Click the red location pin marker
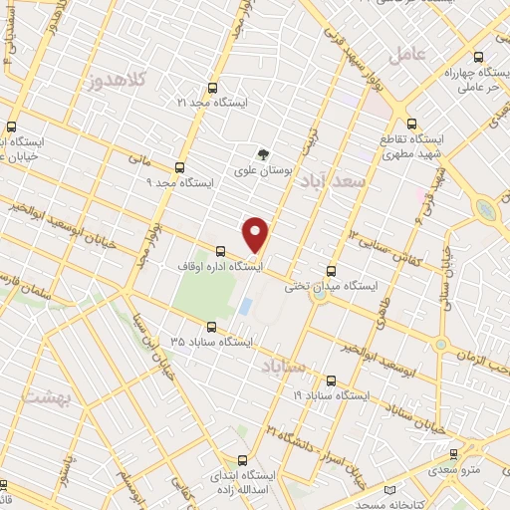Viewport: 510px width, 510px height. click(x=256, y=233)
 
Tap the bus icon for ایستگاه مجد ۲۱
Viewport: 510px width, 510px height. click(x=211, y=88)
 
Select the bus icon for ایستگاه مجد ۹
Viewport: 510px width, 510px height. click(x=179, y=168)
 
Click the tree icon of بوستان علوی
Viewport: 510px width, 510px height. click(x=263, y=154)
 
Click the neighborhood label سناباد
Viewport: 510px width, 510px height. click(x=282, y=368)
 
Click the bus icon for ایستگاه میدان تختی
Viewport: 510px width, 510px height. click(x=332, y=270)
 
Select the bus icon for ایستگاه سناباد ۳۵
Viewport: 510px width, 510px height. click(x=211, y=326)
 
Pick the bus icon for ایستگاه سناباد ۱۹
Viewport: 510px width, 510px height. click(x=332, y=380)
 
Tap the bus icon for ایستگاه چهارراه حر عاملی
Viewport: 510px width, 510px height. click(x=479, y=57)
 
